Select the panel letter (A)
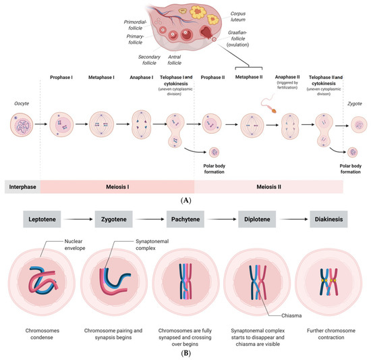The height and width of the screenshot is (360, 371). point(185,200)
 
